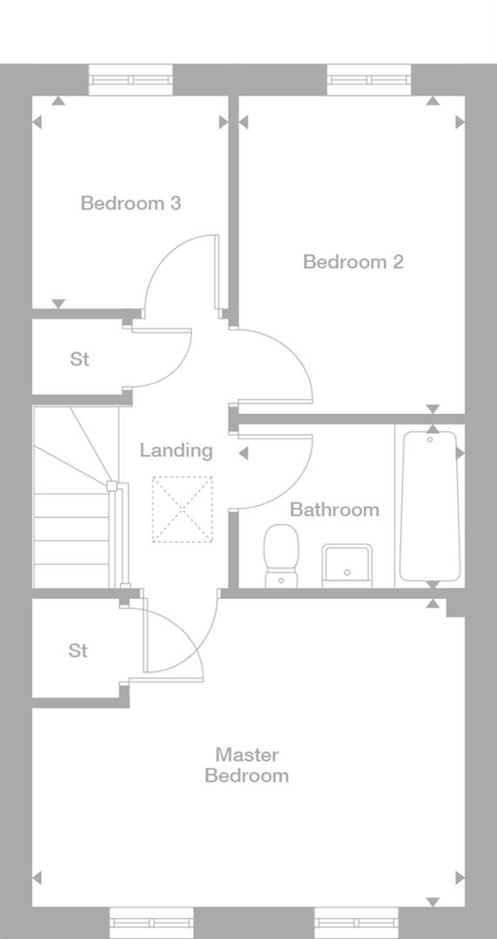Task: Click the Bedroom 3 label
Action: coord(131,203)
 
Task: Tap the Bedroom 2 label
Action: coord(353,262)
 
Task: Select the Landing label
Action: coord(176,450)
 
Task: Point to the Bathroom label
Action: coord(334,509)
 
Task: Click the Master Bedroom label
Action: coord(246,765)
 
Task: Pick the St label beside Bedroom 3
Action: coord(80,359)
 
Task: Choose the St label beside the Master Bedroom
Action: coord(78,650)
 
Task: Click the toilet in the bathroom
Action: coord(280,555)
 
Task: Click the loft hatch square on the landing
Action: coord(182,509)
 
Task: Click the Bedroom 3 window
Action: coord(131,80)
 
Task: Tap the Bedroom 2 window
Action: coord(369,80)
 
